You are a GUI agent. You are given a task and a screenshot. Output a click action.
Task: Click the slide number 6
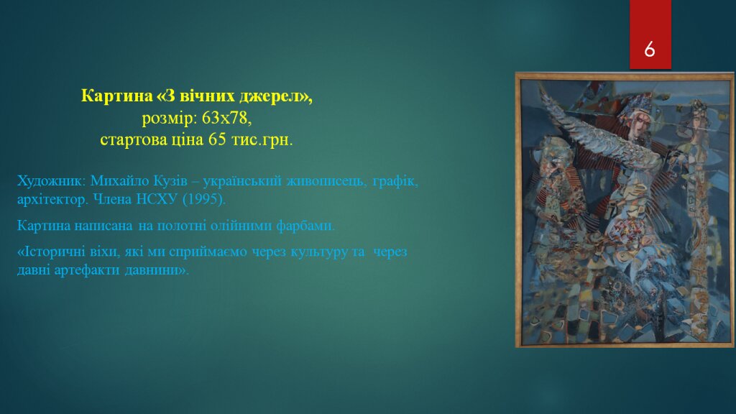pyautogui.click(x=650, y=49)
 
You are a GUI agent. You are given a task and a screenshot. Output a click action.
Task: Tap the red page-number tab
pyautogui.click(x=650, y=34)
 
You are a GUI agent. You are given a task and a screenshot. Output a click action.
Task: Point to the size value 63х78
pyautogui.click(x=226, y=118)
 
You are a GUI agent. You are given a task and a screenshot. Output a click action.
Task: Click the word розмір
pyautogui.click(x=170, y=119)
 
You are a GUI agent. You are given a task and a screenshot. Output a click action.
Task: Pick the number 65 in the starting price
pyautogui.click(x=217, y=139)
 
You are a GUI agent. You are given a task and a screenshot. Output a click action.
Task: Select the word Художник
pyautogui.click(x=51, y=180)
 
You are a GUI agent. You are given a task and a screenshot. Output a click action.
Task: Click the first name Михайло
pyautogui.click(x=120, y=180)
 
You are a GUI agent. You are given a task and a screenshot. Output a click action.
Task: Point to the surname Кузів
pyautogui.click(x=170, y=180)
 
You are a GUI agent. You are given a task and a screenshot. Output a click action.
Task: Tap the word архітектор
pyautogui.click(x=52, y=200)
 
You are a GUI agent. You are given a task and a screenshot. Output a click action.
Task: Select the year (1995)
pyautogui.click(x=203, y=200)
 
